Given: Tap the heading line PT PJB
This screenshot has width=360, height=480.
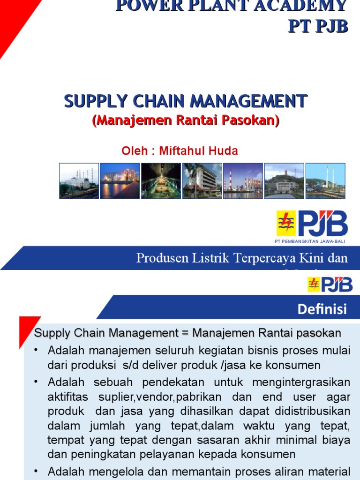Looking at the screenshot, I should [x=317, y=26].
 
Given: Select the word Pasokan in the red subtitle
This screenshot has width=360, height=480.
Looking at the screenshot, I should [x=254, y=120].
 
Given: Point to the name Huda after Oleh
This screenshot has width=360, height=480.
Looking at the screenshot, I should [x=225, y=151].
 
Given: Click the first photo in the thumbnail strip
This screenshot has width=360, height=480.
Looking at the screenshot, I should [x=79, y=180].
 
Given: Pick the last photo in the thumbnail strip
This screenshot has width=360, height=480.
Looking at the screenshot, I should [x=325, y=180].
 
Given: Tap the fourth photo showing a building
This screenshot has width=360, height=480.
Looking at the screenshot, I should [x=202, y=180].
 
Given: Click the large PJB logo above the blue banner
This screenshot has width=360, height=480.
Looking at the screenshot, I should [x=312, y=224].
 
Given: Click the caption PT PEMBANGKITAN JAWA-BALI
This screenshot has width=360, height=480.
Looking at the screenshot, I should [x=311, y=241].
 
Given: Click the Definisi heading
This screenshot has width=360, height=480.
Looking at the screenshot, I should [x=322, y=309].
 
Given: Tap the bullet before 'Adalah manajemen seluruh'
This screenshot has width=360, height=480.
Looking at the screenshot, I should [x=37, y=350].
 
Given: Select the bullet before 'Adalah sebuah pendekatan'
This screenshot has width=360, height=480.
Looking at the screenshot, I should [x=37, y=382].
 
